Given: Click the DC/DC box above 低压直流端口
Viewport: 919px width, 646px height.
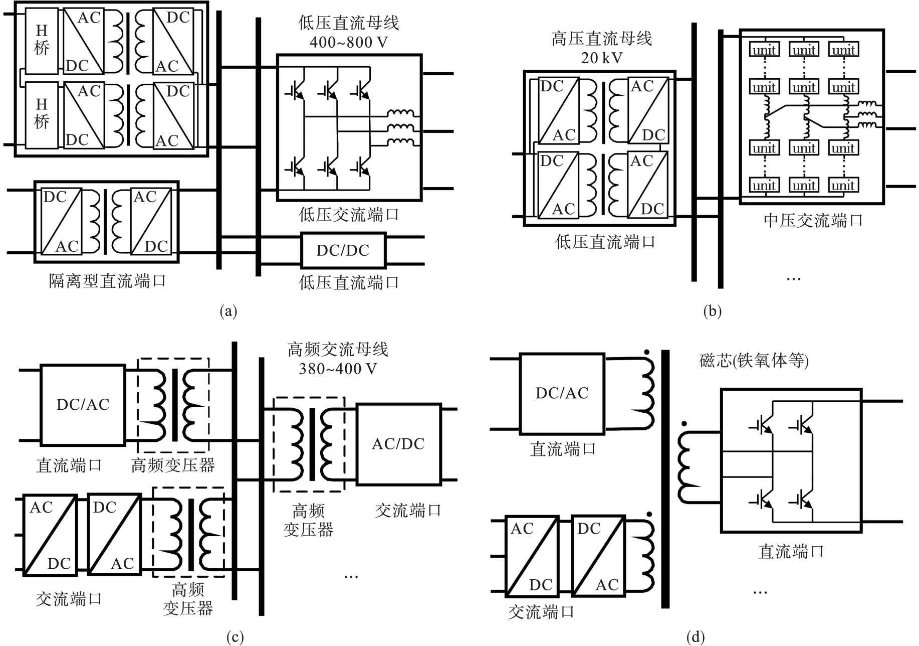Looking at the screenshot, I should pyautogui.click(x=343, y=250).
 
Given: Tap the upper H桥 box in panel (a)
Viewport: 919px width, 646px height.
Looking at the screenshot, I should pyautogui.click(x=42, y=40).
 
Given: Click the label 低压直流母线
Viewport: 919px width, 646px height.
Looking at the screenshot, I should pyautogui.click(x=348, y=23).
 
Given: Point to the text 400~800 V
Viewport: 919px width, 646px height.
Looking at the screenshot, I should pyautogui.click(x=348, y=42).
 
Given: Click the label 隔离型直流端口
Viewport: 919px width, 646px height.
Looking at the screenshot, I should pyautogui.click(x=107, y=281).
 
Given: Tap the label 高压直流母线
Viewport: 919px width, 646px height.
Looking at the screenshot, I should pyautogui.click(x=601, y=39).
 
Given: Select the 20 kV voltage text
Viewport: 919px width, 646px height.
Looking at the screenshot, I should pyautogui.click(x=601, y=58).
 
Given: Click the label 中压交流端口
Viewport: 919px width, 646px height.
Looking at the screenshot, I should pyautogui.click(x=813, y=220).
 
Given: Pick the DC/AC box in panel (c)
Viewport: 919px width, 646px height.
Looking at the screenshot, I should pyautogui.click(x=83, y=405).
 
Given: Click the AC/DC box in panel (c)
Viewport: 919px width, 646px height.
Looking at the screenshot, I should pyautogui.click(x=398, y=444).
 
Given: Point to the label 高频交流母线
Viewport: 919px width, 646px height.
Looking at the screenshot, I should pyautogui.click(x=338, y=349).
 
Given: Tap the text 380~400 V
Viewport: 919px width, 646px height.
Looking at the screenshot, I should pyautogui.click(x=338, y=369).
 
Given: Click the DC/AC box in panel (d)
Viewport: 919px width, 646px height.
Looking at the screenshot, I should pyautogui.click(x=562, y=393).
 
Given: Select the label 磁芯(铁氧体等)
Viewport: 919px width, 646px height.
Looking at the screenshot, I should pyautogui.click(x=754, y=361).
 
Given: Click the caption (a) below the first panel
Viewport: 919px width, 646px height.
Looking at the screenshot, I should pyautogui.click(x=228, y=311).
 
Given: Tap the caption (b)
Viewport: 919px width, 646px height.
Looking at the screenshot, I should pyautogui.click(x=712, y=311).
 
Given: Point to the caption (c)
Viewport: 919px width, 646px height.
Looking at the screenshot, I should pyautogui.click(x=235, y=637).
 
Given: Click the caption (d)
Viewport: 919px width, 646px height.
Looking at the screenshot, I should pyautogui.click(x=696, y=637).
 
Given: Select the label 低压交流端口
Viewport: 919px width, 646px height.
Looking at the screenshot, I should pyautogui.click(x=349, y=215).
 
